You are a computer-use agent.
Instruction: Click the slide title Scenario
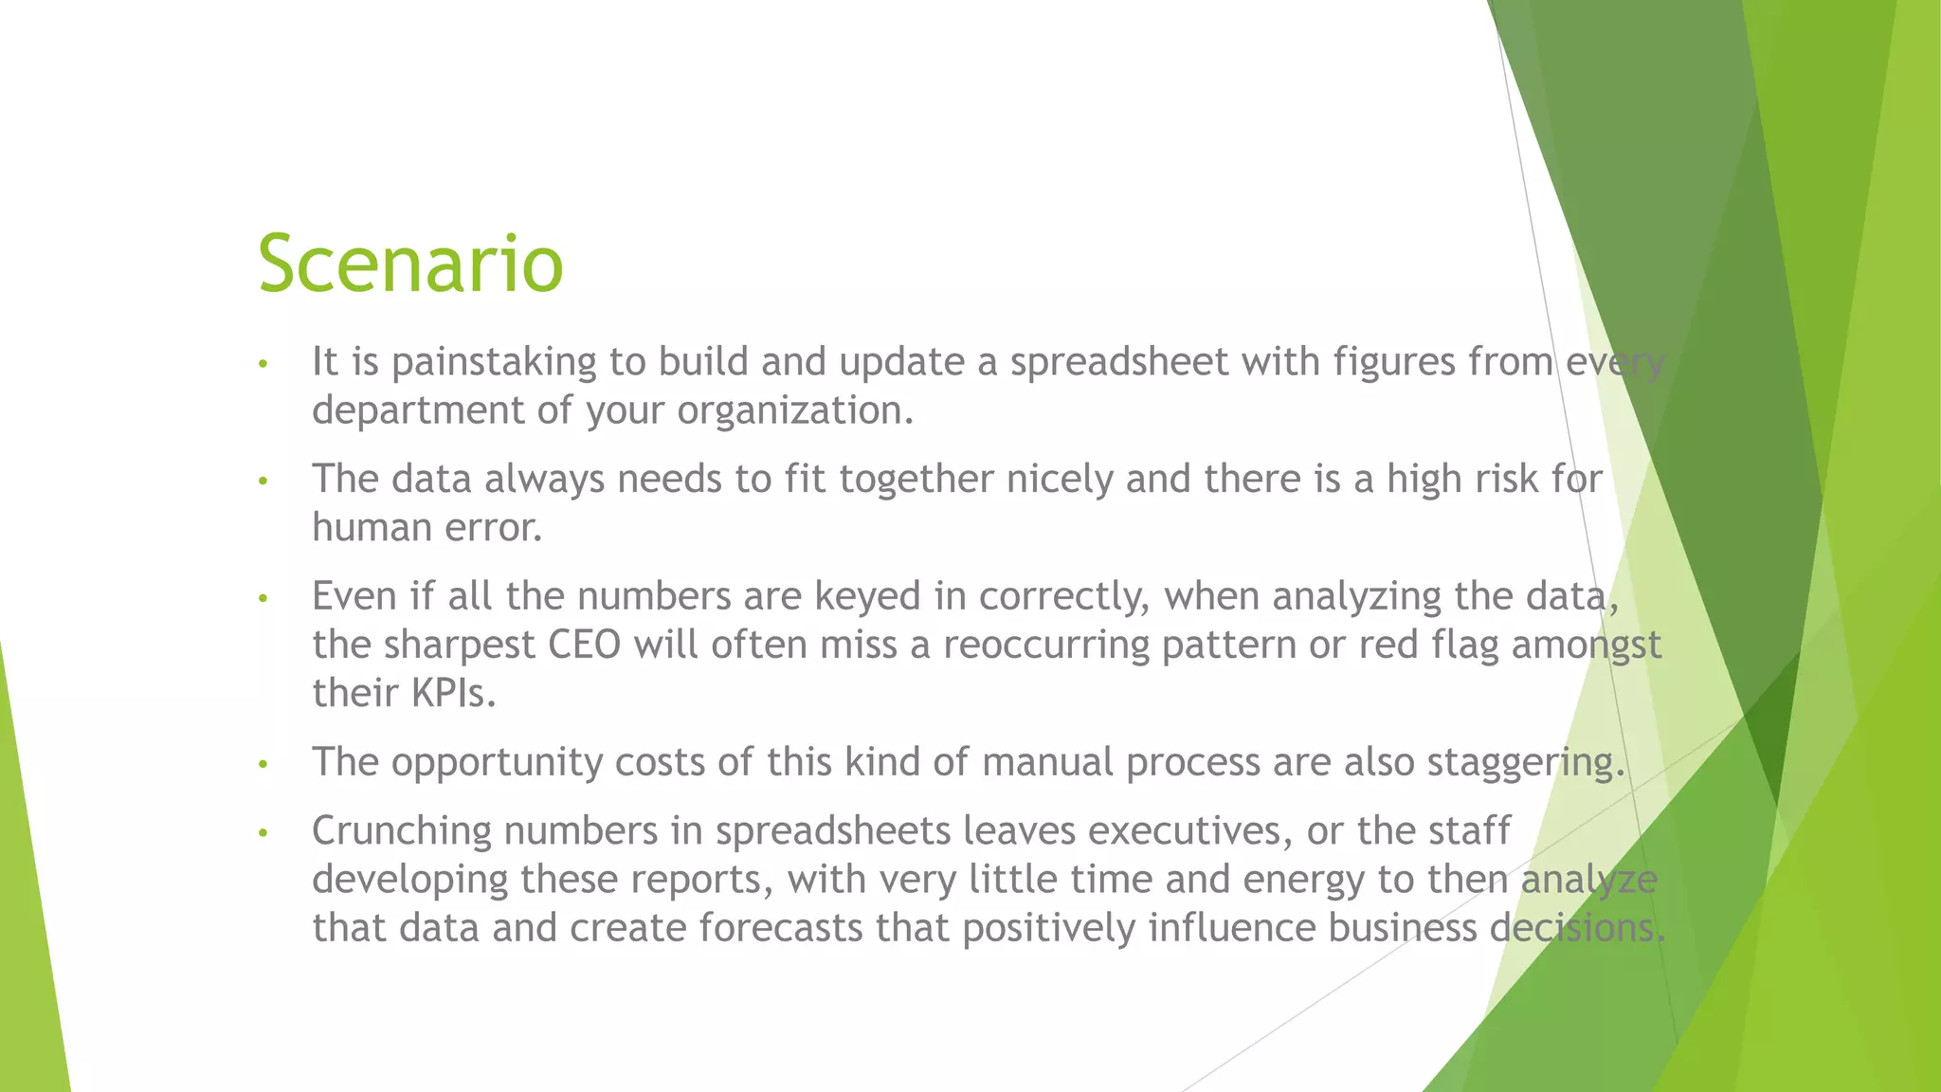pos(410,264)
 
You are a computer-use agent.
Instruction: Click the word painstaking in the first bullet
pos(494,362)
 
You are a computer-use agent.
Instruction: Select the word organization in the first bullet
pos(794,410)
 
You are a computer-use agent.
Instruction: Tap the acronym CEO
pos(584,645)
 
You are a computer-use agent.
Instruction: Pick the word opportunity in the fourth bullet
pos(496,762)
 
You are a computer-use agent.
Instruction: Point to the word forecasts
pos(781,927)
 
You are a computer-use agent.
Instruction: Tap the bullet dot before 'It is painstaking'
pos(263,364)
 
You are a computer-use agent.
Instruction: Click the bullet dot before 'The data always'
pos(263,482)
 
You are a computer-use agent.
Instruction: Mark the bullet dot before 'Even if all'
pos(263,599)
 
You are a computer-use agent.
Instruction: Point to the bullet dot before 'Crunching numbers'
pos(263,833)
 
